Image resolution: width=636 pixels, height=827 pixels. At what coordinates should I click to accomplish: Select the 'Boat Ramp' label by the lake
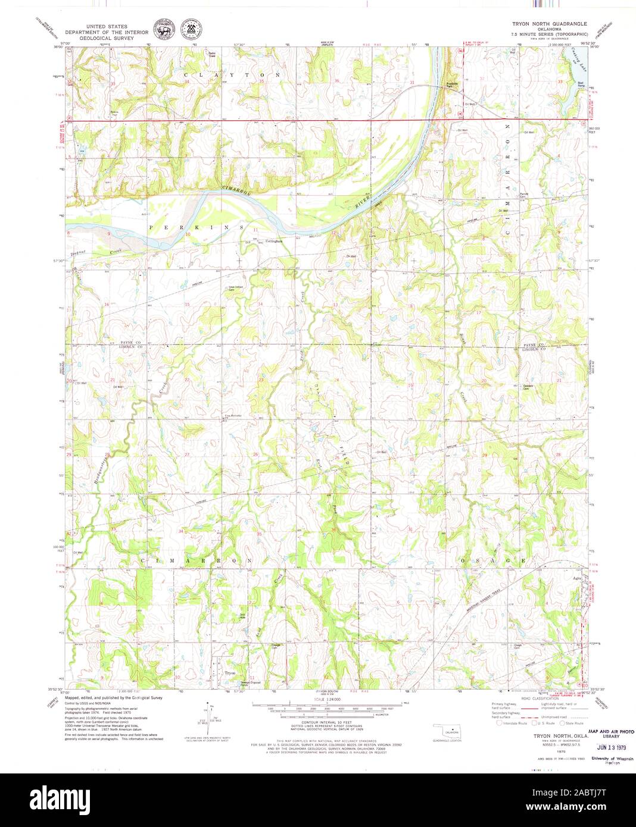click(581, 84)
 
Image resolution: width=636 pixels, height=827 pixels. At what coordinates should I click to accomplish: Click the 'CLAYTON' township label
click(232, 76)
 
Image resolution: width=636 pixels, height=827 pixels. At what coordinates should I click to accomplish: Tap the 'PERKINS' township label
click(197, 228)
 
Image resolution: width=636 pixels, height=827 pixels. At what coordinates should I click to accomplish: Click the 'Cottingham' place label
click(273, 241)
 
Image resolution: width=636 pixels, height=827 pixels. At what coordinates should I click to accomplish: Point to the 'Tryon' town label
click(229, 673)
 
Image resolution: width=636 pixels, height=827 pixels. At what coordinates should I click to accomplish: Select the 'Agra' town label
click(576, 577)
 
